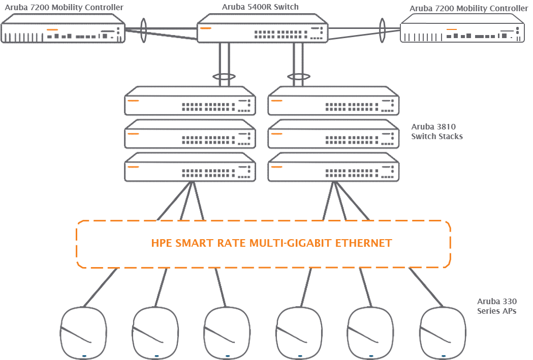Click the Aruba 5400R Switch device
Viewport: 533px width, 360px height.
(x=263, y=29)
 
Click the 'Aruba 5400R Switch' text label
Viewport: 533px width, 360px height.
(x=260, y=7)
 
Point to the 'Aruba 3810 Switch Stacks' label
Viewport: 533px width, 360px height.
(x=437, y=132)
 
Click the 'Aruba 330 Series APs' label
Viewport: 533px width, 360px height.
(x=496, y=306)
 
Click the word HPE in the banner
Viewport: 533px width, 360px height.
(x=162, y=243)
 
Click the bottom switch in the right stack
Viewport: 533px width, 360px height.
(x=333, y=167)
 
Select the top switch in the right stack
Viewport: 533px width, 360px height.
(x=333, y=102)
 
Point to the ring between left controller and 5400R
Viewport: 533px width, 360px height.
(x=143, y=30)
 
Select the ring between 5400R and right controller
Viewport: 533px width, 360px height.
(x=382, y=30)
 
